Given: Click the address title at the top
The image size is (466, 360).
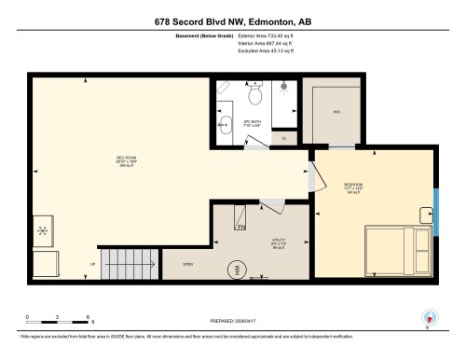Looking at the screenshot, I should point(233,21).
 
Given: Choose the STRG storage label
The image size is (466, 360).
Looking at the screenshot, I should point(186,265).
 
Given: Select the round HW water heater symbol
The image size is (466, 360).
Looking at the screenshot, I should point(238,270).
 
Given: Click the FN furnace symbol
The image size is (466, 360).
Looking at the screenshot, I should point(240,227).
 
